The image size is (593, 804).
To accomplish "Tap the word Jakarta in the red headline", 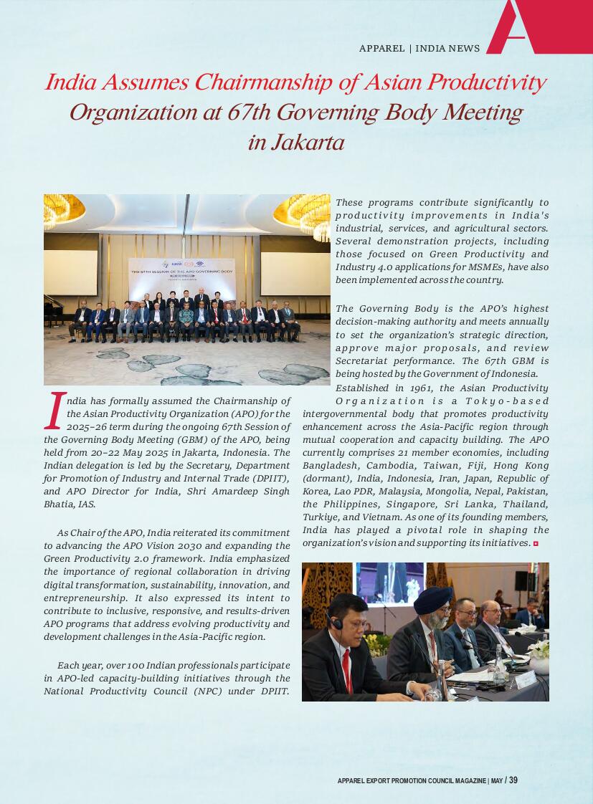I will click(x=295, y=143).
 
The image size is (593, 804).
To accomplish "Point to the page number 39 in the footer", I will click(x=513, y=780).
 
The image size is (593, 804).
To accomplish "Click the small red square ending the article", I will click(x=536, y=544).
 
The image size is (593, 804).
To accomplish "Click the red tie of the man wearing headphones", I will click(x=348, y=670).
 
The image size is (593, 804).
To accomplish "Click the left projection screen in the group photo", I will click(x=70, y=272).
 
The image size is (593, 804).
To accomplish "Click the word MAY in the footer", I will click(x=498, y=781).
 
